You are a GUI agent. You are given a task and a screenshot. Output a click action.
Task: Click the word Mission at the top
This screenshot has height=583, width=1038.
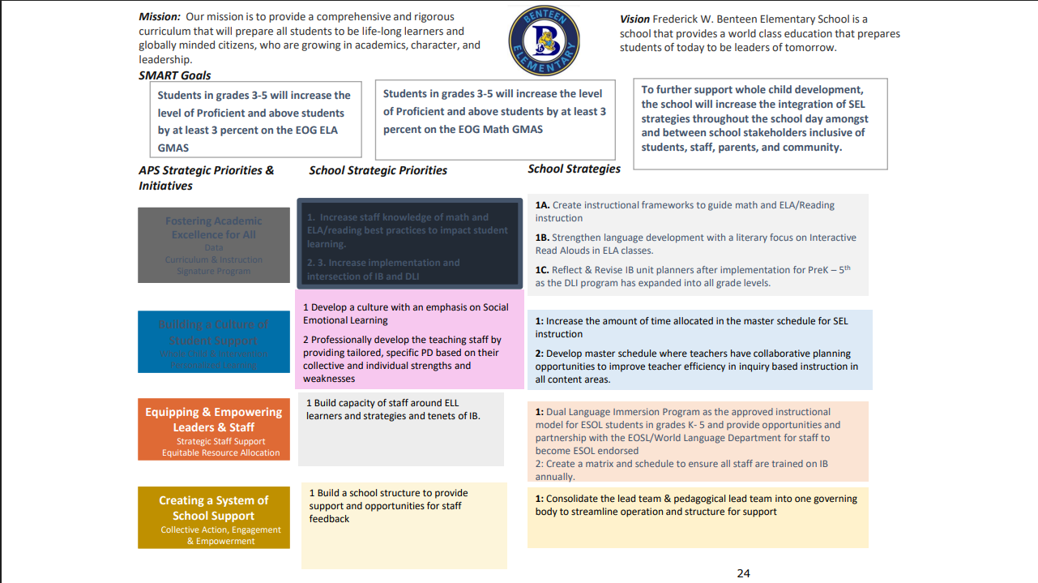coord(159,16)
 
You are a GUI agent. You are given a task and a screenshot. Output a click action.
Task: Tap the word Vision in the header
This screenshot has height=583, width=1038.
coord(634,19)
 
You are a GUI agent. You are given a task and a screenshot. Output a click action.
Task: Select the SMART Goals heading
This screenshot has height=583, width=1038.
coord(174,75)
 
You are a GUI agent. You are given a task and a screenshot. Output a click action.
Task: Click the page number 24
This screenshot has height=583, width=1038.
coord(743,573)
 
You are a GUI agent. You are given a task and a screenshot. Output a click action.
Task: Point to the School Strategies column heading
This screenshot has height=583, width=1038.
coord(574,169)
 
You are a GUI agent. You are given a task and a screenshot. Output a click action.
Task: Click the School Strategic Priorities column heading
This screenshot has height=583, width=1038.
coord(378,170)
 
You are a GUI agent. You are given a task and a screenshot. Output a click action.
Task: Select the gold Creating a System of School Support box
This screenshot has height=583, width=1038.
coord(214,517)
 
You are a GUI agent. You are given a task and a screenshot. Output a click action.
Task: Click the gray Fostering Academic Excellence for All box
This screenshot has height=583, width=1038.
coord(214,245)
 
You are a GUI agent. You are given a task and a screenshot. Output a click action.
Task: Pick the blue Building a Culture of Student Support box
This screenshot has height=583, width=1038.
coord(214,341)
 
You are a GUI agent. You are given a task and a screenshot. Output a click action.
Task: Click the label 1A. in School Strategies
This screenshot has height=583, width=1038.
coord(542,205)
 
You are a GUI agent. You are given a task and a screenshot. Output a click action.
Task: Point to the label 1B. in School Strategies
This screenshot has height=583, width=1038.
coord(542,238)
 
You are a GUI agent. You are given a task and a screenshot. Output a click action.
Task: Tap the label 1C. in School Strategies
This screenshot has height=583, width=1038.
coord(542,270)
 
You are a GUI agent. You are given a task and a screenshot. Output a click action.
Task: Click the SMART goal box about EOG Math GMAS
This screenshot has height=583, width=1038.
coord(495,119)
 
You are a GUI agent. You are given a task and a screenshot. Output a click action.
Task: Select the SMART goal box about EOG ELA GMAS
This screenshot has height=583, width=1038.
coord(255,122)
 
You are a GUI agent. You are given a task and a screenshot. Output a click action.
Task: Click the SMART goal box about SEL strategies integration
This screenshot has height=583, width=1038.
coord(759,124)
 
